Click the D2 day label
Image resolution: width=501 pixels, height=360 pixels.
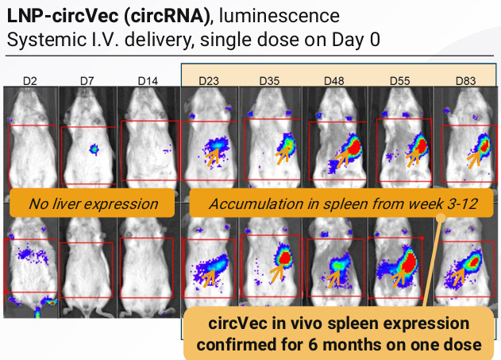30,81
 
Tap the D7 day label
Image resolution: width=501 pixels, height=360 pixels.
87,81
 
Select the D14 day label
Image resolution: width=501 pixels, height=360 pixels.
148,81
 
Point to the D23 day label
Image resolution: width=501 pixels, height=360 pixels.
209,81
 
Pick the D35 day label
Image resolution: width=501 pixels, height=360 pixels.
269,81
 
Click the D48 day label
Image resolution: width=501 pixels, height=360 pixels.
334,81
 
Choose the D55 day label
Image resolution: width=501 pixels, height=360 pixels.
399,81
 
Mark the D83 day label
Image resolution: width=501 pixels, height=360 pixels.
465,81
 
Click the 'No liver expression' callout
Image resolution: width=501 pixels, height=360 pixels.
92,203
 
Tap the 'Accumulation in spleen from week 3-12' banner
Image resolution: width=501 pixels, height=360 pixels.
341,203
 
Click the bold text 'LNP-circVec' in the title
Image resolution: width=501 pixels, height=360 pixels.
63,16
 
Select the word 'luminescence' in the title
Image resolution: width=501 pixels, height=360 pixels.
279,16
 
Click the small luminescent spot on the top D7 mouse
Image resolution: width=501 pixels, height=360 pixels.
94,149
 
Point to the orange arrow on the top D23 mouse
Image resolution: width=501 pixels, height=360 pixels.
213,158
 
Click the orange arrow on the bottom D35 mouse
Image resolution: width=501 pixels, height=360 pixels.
277,273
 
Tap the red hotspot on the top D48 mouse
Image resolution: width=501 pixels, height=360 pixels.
354,148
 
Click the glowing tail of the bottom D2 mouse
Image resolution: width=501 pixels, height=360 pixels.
37,312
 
